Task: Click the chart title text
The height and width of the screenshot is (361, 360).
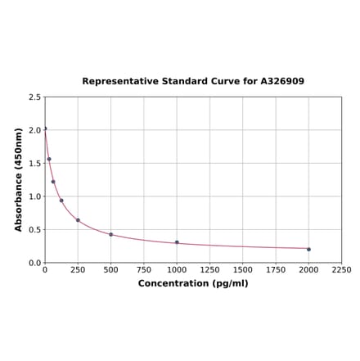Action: [x=193, y=81]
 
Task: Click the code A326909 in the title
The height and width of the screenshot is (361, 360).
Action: [x=282, y=81]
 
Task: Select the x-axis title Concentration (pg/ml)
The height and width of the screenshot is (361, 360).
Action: [x=193, y=283]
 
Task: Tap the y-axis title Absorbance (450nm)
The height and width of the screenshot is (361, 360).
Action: [x=18, y=179]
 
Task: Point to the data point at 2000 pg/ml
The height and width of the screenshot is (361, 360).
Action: [x=308, y=249]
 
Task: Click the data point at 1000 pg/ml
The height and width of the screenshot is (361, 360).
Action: [x=177, y=242]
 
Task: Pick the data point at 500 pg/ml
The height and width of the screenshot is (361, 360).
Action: [x=111, y=235]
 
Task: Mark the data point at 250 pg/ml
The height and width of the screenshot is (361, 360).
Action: [x=78, y=220]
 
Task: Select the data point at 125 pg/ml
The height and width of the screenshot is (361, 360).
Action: [x=61, y=201]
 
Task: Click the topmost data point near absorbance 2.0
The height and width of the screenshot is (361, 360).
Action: [x=45, y=129]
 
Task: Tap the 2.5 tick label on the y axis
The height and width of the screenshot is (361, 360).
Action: [x=35, y=97]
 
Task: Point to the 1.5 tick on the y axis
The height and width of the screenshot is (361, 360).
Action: [x=35, y=163]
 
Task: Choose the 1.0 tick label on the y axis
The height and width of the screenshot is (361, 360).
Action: [x=35, y=196]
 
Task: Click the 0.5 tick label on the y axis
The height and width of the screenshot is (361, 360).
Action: [x=35, y=229]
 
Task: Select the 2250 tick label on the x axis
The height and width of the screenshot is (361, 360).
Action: [x=341, y=269]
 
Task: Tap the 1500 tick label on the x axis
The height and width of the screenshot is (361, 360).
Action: [x=242, y=269]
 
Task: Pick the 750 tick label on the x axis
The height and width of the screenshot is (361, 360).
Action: [x=144, y=269]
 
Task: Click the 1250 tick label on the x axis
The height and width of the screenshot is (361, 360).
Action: [x=209, y=269]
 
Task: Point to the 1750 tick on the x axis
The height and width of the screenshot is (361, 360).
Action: [x=276, y=269]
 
